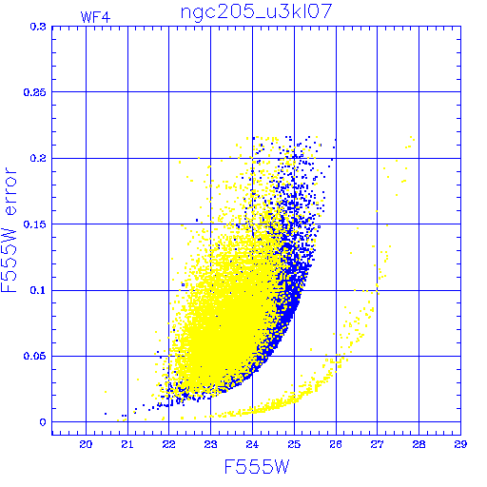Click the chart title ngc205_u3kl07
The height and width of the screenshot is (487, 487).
[256, 12]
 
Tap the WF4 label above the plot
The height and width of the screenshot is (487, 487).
[95, 17]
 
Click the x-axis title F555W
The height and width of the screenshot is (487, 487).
[257, 467]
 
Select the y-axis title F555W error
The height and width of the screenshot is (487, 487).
[9, 230]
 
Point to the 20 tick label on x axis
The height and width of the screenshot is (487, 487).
[86, 444]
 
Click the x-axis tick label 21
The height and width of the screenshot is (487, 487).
[127, 444]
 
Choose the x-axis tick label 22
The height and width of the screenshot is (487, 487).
[168, 444]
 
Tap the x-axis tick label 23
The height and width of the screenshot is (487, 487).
[210, 444]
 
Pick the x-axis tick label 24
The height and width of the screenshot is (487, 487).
[252, 444]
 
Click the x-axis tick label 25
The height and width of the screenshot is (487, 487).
[294, 444]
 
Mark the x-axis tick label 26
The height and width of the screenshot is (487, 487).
[336, 444]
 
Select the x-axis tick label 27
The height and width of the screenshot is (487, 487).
[377, 444]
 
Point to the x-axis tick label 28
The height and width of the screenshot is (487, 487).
[419, 444]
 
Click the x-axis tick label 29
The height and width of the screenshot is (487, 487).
[460, 444]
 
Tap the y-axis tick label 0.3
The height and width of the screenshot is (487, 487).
[38, 27]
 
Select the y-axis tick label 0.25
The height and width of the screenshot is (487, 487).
[34, 92]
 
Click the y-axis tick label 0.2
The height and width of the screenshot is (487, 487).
[38, 158]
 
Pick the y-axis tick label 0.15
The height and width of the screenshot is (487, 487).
[34, 224]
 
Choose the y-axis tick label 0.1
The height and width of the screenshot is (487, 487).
[38, 290]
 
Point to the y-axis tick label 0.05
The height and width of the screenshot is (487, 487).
[34, 356]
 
